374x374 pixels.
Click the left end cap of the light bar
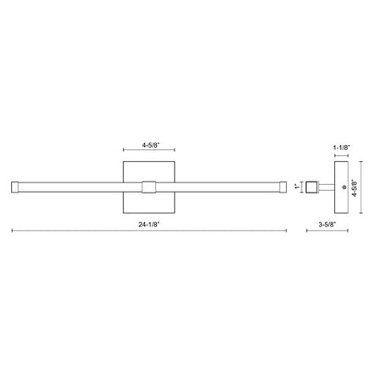(x=15, y=187)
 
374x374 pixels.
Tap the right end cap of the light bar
(x=282, y=187)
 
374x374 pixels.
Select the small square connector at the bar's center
(x=148, y=187)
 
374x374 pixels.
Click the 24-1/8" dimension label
(x=149, y=225)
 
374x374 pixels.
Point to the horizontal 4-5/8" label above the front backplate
(x=151, y=145)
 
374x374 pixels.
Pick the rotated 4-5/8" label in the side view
(x=354, y=188)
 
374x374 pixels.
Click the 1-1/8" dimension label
(x=342, y=148)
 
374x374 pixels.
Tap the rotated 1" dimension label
(x=297, y=187)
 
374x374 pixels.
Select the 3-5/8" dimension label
(x=327, y=225)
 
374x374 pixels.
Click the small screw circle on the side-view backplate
(x=344, y=187)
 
